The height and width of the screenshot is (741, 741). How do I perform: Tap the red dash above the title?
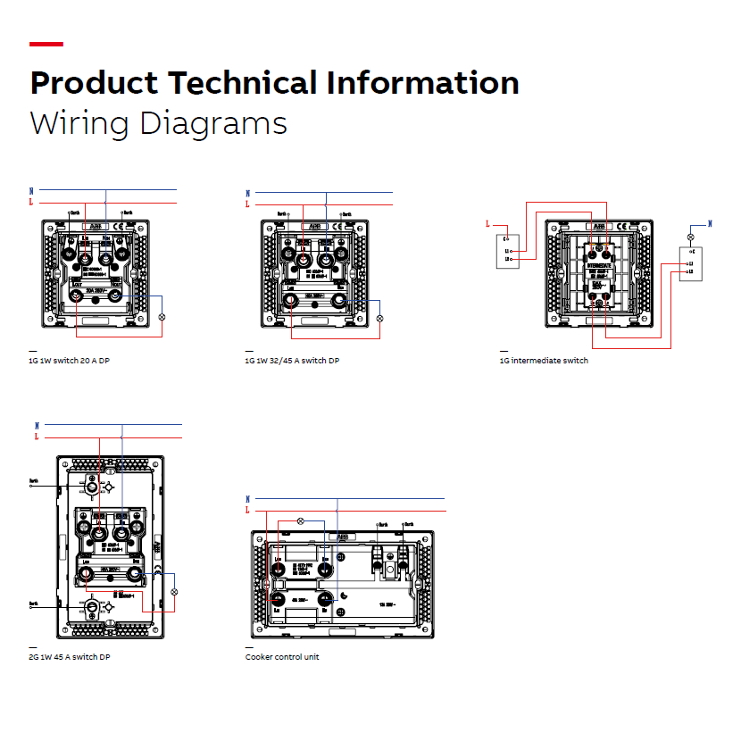coord(46,44)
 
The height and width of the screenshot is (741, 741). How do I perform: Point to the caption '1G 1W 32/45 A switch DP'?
coord(292,361)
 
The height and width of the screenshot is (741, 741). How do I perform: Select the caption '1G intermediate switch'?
coord(544,361)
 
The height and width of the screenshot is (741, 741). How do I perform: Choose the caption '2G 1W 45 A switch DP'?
coord(70,657)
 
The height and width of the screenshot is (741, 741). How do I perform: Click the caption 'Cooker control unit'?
coord(282,657)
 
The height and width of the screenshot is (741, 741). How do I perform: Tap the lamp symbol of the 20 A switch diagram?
coord(162,317)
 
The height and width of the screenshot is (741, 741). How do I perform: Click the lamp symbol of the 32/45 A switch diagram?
coord(379,318)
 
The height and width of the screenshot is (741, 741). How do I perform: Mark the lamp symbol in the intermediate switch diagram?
coord(689,237)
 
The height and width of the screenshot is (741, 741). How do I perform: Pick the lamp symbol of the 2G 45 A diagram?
coord(175,592)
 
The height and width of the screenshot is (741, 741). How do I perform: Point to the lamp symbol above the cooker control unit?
coord(301,520)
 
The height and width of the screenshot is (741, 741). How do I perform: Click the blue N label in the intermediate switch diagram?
coord(710,223)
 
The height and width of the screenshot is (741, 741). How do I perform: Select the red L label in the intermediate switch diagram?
coord(487,224)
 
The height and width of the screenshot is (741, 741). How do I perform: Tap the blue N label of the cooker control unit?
coord(248,498)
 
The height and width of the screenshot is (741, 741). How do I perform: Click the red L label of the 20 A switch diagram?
coord(31,204)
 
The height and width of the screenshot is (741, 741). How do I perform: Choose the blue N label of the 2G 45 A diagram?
coord(37,425)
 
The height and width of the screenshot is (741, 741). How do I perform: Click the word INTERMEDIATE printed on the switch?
coord(599,265)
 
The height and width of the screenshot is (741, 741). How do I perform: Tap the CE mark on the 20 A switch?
coord(123,227)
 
